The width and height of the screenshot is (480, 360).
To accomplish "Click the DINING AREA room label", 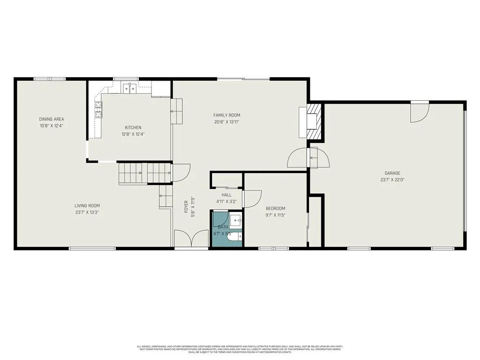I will tap(52, 119).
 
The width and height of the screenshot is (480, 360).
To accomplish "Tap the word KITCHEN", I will tap(133, 127).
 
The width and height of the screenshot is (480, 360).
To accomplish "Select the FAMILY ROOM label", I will tap(226, 115).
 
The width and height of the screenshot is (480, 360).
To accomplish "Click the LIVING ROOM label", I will tap(87, 205).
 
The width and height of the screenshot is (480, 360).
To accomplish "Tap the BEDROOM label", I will tap(275, 209).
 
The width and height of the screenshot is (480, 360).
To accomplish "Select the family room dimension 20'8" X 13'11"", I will tap(226, 122).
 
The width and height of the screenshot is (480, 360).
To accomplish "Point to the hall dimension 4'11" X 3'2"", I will tap(226, 202).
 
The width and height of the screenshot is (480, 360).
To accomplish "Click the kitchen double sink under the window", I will tap(129, 87).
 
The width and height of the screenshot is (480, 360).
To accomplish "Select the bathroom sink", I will tap(236, 219).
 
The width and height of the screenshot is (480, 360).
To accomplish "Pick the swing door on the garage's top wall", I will tap(419, 112).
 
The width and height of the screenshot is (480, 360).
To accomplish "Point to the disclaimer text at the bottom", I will tap(240, 349).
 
